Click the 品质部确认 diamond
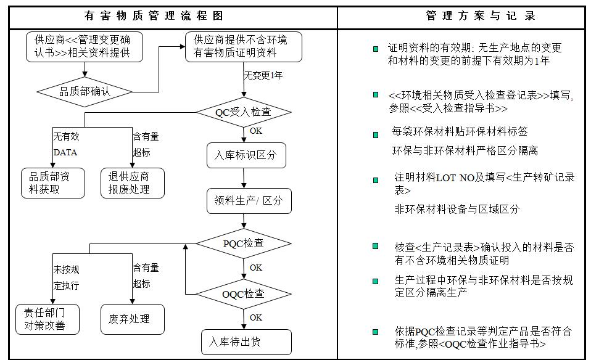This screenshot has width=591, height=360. (85, 92)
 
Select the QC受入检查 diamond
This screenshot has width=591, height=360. (244, 112)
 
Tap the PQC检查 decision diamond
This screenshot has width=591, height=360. (244, 243)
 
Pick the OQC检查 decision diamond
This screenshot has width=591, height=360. (244, 293)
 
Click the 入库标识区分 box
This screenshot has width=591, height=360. (246, 155)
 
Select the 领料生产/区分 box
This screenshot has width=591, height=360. (249, 200)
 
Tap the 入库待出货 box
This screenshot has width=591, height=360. (238, 342)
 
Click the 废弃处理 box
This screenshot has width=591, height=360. (132, 319)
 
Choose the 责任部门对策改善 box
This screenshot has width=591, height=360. (48, 319)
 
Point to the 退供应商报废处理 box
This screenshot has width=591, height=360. (132, 183)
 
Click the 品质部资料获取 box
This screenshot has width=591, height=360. (49, 183)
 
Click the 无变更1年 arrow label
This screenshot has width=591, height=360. (263, 75)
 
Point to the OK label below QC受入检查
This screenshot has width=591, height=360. (255, 131)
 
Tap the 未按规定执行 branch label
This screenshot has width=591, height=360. (66, 277)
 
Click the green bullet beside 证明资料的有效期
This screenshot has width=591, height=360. (376, 48)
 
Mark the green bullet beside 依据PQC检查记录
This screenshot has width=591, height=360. (376, 332)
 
